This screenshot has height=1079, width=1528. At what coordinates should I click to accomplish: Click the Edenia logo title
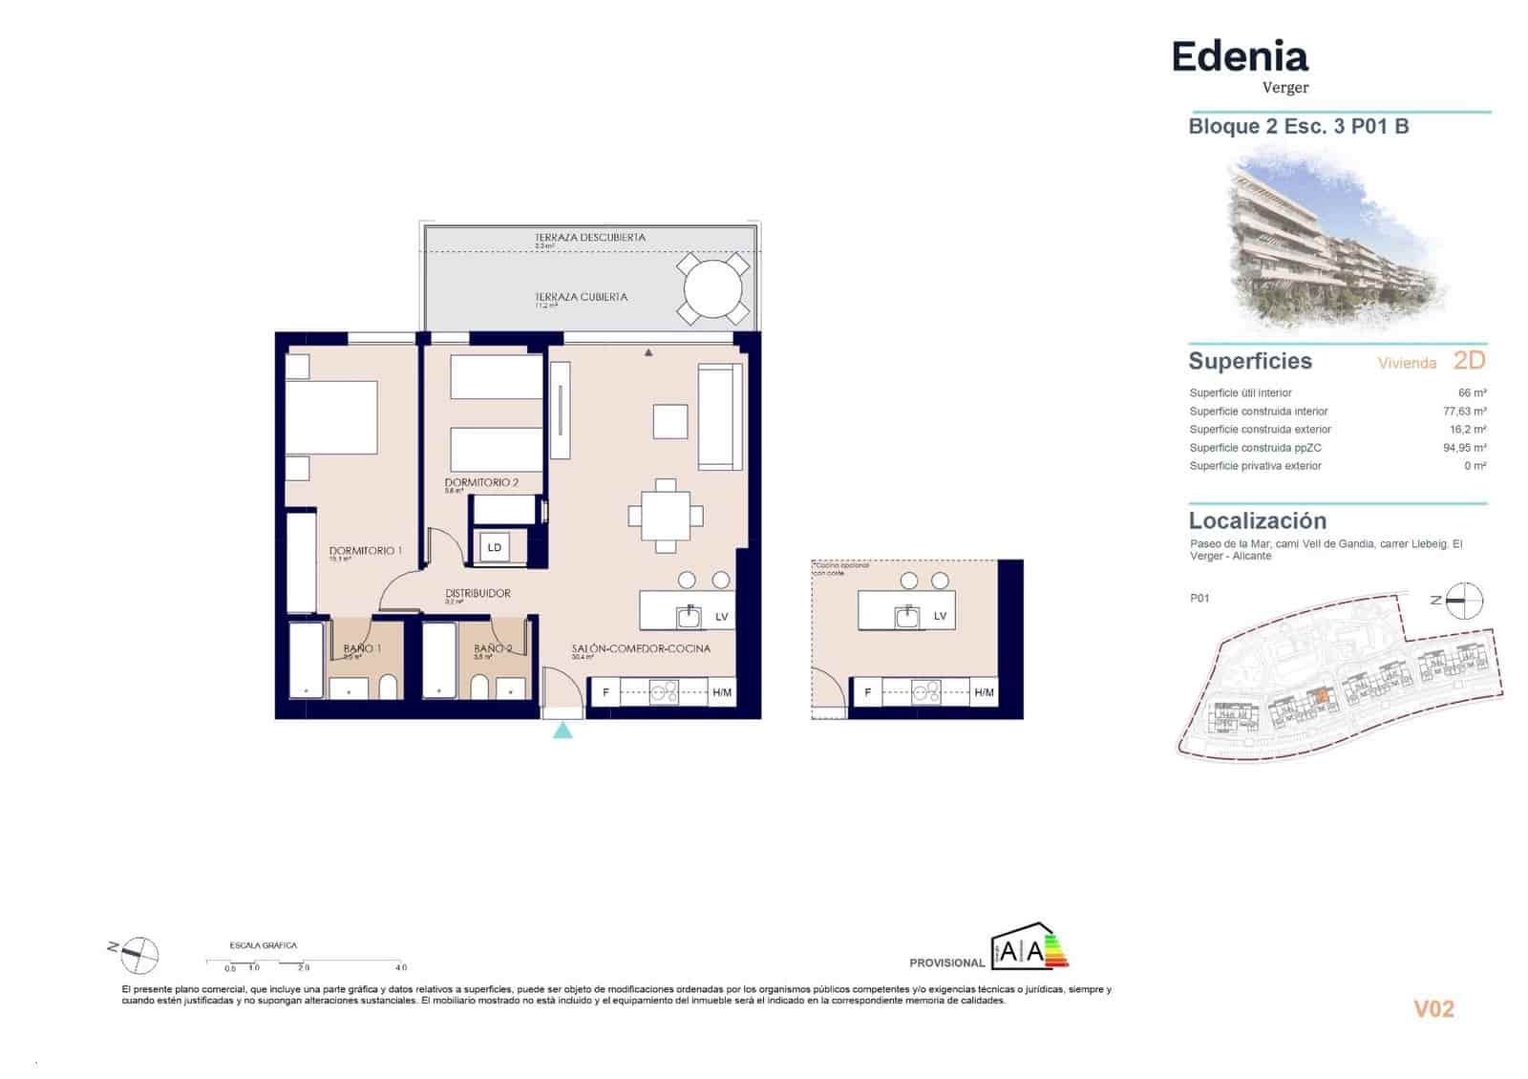coord(1240,57)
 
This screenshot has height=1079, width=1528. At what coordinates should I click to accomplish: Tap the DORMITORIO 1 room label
coord(365,551)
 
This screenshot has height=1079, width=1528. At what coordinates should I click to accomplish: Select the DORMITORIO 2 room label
coord(481,482)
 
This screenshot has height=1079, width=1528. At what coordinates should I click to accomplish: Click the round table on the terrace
coord(712,288)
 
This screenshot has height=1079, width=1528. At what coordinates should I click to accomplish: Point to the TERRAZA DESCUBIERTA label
coord(589,237)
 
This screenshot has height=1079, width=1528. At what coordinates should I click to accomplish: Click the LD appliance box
coord(495,547)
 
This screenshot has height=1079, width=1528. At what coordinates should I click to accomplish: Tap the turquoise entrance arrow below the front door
coord(563,730)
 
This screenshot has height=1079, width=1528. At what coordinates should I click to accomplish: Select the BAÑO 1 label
coord(362,648)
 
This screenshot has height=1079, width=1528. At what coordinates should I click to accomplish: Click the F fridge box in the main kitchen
coord(605,692)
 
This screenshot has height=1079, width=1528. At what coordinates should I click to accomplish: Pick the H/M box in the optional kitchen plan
coord(984,692)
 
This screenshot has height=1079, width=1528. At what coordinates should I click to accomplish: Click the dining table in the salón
coord(666,517)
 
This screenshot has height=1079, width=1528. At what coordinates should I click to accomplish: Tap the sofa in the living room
coord(720,417)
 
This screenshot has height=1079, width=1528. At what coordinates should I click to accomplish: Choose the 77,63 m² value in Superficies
coord(1464,412)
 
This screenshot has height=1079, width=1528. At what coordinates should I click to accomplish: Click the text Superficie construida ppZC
coord(1255,448)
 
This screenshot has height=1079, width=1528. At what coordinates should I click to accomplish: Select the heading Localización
coord(1257,520)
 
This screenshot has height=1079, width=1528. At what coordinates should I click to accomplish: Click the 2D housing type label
coord(1469,360)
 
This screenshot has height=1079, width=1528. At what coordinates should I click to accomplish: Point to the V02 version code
coord(1433,1008)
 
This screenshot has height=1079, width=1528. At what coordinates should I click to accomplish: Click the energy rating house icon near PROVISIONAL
coord(1022,947)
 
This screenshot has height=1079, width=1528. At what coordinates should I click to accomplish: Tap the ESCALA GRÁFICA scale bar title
coord(264,945)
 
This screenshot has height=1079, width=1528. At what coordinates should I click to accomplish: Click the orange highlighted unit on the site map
coord(1321,697)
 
